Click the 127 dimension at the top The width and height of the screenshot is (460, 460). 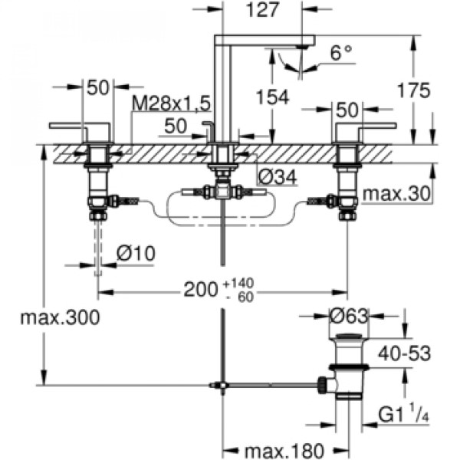[x=262, y=10]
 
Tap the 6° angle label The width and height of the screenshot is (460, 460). [x=341, y=53]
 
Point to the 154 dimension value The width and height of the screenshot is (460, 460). [x=273, y=97]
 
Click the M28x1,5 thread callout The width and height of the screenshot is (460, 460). [x=171, y=103]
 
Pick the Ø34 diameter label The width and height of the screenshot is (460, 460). [x=278, y=176]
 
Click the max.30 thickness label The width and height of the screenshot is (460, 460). [x=396, y=194]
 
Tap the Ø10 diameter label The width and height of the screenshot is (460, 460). [x=136, y=253]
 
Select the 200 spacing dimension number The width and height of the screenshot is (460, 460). [x=200, y=290]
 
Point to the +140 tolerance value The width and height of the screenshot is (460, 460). [x=238, y=284]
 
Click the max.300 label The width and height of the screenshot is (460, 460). [x=60, y=317]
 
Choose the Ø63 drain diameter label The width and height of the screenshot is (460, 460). [x=349, y=316]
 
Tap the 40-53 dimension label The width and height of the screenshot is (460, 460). [x=405, y=353]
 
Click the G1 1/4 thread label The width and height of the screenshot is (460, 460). [x=404, y=414]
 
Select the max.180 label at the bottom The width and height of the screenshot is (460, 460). [x=284, y=451]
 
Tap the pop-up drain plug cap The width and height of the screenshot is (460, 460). [x=349, y=337]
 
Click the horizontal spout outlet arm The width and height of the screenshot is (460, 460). [x=264, y=40]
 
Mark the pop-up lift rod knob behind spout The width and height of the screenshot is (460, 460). [x=209, y=123]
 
